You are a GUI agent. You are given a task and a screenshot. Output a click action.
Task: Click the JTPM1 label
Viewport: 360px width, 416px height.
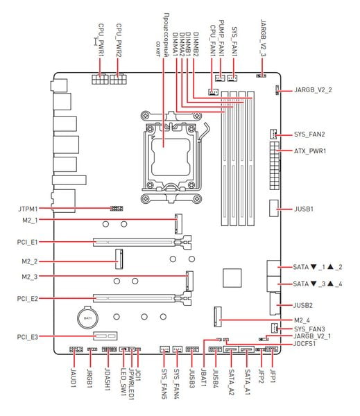28,209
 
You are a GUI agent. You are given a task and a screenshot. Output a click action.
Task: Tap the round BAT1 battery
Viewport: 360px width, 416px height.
88,318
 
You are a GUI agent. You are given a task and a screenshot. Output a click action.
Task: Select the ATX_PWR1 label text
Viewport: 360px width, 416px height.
310,151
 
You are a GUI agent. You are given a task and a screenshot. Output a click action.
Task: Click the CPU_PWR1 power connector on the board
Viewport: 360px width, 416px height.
100,79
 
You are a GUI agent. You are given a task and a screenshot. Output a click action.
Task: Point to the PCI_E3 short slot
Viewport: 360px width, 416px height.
105,336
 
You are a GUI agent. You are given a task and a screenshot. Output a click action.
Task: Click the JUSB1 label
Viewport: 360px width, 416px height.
303,209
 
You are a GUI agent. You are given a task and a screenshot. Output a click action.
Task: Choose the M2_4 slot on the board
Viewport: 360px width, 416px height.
218,317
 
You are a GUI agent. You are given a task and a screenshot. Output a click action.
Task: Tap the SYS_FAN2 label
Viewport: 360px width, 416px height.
309,135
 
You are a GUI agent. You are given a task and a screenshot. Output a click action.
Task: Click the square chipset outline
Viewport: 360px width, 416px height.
232,278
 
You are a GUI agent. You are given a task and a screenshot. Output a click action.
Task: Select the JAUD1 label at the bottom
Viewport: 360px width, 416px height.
74,378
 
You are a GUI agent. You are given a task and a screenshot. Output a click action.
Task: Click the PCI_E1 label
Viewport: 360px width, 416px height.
27,242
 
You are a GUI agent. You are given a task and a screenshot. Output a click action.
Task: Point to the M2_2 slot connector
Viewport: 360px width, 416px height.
119,259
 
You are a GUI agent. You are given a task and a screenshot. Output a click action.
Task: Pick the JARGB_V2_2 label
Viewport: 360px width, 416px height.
313,90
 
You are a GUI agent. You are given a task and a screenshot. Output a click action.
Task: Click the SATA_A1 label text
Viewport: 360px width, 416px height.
247,382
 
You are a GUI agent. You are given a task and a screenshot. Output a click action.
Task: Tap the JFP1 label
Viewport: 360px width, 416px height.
273,376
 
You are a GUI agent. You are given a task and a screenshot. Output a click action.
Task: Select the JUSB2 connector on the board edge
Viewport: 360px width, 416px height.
275,304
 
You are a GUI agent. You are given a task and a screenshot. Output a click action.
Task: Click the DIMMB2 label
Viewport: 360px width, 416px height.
196,44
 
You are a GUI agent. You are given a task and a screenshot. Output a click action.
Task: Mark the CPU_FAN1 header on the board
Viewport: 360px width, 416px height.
213,92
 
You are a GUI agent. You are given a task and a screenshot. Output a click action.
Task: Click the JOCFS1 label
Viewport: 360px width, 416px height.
305,344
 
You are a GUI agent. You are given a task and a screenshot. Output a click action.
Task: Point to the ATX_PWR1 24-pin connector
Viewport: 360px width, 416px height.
275,166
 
